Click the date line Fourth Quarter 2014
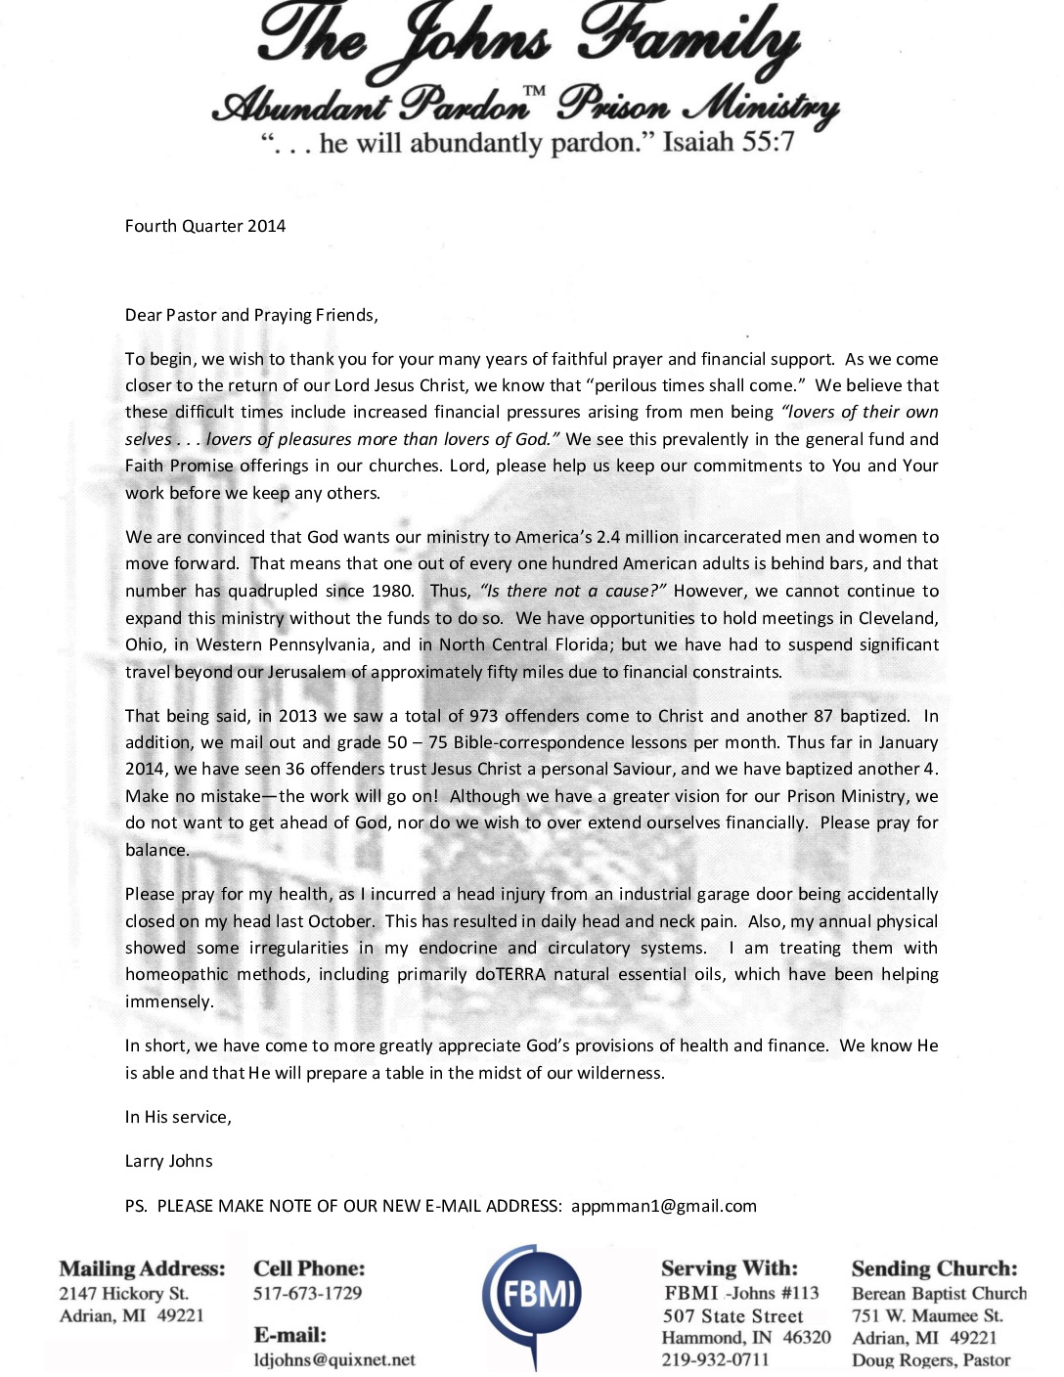pos(205,226)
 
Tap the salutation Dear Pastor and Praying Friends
pos(251,315)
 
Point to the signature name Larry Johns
pos(168,1161)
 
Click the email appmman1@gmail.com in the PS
pos(664,1206)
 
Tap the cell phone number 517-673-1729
pos(307,1293)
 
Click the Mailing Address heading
pos(142,1268)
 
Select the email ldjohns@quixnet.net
pos(334,1359)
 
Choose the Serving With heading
pos(730,1268)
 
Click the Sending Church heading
pos(934,1268)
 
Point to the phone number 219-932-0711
pos(716,1359)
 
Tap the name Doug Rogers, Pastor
pos(931,1359)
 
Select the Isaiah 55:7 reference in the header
pos(729,143)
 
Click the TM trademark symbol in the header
pos(534,92)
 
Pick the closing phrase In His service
pos(178,1117)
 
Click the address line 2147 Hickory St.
pos(123,1293)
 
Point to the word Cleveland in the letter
pos(897,618)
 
